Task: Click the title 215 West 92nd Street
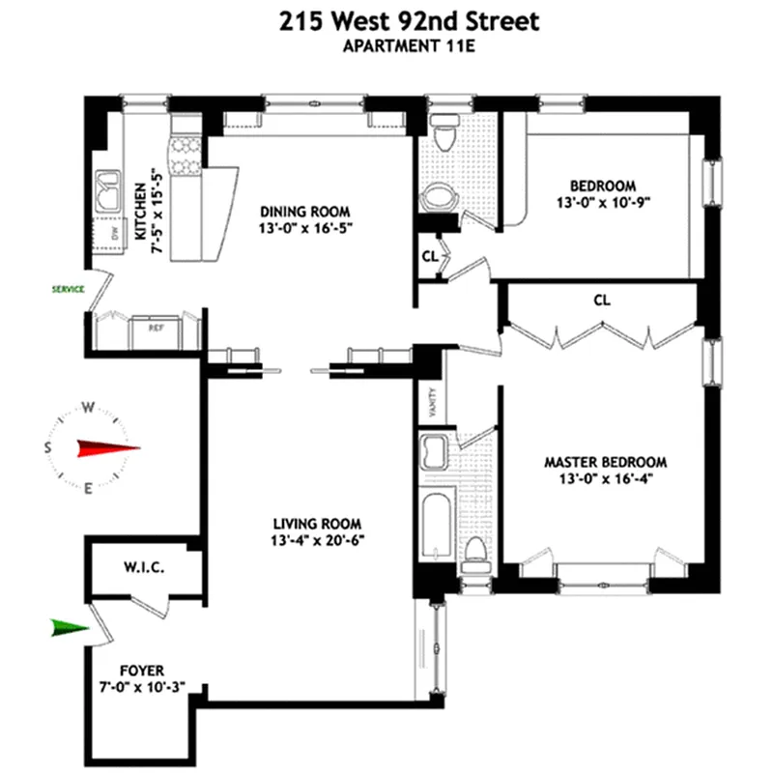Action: tap(386, 21)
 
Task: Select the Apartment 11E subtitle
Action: tap(386, 49)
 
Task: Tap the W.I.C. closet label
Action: tap(143, 568)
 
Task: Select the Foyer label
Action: tap(142, 669)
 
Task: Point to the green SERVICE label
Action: tap(68, 288)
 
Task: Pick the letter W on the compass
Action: tap(87, 407)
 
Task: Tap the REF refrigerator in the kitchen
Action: tap(155, 328)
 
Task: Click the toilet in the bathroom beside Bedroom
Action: tap(445, 135)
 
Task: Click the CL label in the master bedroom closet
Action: tap(602, 301)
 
